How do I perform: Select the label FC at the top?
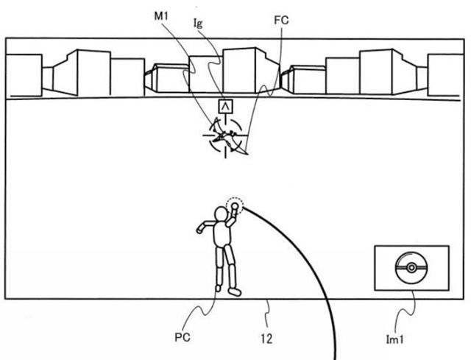pos(280,21)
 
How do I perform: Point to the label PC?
pos(185,338)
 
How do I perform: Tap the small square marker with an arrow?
pos(224,107)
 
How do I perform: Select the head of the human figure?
pos(221,214)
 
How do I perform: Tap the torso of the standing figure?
pos(221,236)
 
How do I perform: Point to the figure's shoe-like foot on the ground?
pos(235,292)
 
